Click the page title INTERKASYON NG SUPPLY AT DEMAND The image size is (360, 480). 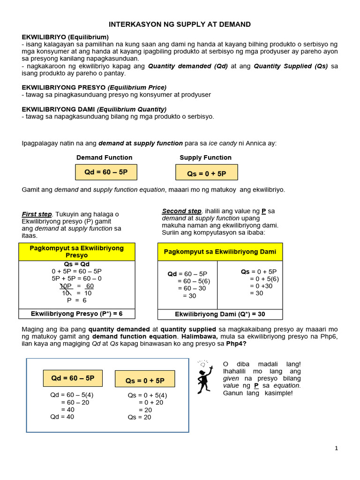pyautogui.click(x=180, y=24)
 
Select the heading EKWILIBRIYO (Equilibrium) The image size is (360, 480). pyautogui.click(x=65, y=37)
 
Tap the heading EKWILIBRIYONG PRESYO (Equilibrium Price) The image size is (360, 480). pyautogui.click(x=94, y=88)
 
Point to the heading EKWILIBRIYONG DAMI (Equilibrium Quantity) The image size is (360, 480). pyautogui.click(x=94, y=109)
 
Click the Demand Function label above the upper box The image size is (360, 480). pyautogui.click(x=104, y=157)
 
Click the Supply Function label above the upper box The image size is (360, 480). pyautogui.click(x=205, y=157)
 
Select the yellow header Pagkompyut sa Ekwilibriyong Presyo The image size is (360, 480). pyautogui.click(x=76, y=252)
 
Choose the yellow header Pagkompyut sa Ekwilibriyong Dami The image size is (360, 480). pyautogui.click(x=220, y=252)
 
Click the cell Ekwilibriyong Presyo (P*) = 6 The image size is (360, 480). pyautogui.click(x=76, y=314)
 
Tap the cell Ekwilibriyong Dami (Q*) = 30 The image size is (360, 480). pyautogui.click(x=220, y=314)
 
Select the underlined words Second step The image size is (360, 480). pyautogui.click(x=181, y=211)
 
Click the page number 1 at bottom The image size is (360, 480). pyautogui.click(x=336, y=448)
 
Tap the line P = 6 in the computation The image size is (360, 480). pyautogui.click(x=76, y=300)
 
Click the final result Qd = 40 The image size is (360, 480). pyautogui.click(x=62, y=417)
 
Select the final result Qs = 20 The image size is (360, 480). pyautogui.click(x=140, y=417)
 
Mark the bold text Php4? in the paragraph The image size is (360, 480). pyautogui.click(x=236, y=344)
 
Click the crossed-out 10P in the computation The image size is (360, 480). pyautogui.click(x=66, y=286)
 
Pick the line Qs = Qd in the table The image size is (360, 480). pyautogui.click(x=76, y=264)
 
